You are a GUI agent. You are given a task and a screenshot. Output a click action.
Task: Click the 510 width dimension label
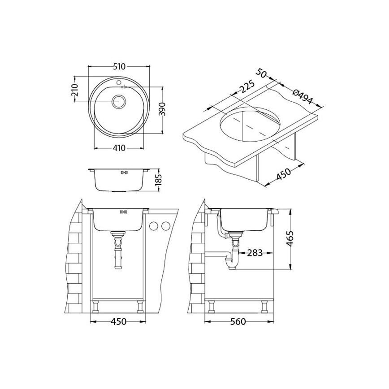118,67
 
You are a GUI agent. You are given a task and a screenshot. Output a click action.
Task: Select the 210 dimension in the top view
75,92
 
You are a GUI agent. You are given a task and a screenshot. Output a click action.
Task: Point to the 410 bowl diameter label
119,148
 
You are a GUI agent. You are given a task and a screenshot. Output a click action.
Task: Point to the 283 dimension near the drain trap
255,253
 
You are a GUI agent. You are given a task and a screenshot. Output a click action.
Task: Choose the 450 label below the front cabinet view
118,322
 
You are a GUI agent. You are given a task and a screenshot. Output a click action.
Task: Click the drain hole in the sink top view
119,101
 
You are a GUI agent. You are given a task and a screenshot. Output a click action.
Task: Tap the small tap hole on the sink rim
119,82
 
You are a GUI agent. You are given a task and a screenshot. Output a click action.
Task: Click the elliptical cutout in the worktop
250,122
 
